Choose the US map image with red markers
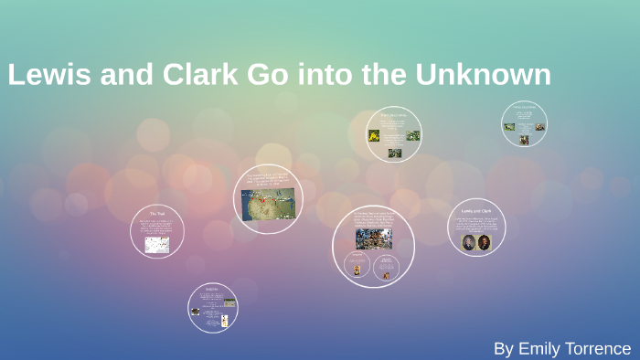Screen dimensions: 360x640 point(268,204)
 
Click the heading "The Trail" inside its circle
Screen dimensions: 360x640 point(157,214)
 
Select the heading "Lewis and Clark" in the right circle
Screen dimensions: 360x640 point(476,210)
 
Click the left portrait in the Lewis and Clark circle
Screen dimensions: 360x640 point(468,242)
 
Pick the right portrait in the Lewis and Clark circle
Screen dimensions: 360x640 point(485,242)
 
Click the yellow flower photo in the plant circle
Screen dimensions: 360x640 point(374,135)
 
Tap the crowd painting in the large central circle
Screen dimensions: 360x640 point(373,238)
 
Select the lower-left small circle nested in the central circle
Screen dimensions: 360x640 point(357,266)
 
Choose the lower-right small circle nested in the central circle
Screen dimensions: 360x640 point(387,266)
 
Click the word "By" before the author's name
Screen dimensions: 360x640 point(504,348)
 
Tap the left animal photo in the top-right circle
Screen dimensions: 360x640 point(509,127)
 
